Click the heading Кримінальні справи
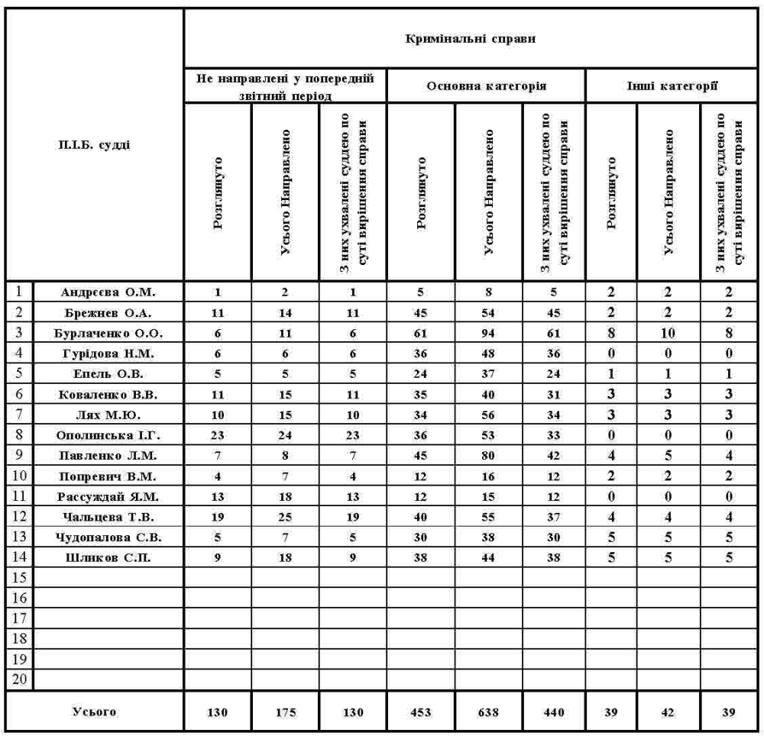474,37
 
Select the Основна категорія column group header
486,86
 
